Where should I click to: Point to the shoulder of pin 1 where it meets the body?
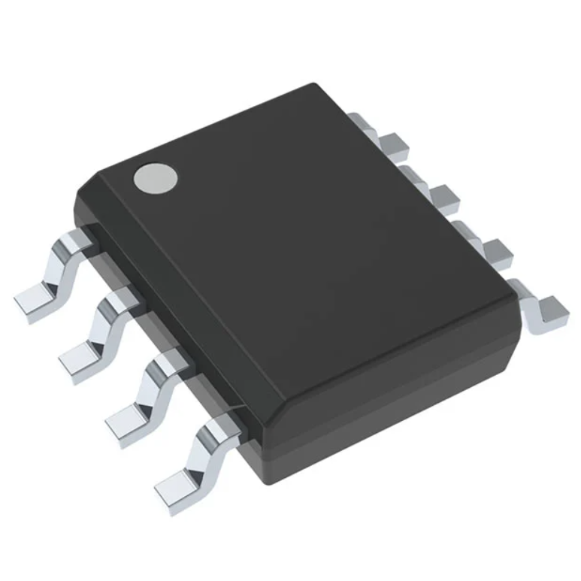pos(79,239)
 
